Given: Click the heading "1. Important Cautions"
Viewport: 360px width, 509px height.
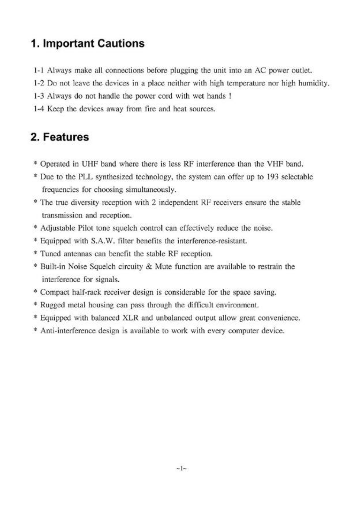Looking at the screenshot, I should (88, 43).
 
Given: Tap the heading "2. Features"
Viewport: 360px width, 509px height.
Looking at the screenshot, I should (60, 137).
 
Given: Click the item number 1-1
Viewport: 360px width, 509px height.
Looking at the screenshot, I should (39, 71).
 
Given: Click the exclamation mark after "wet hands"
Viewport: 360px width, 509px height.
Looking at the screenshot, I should (230, 96).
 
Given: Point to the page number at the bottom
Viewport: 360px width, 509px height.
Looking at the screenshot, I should (181, 468).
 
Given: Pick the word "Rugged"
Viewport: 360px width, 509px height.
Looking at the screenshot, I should (53, 305).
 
